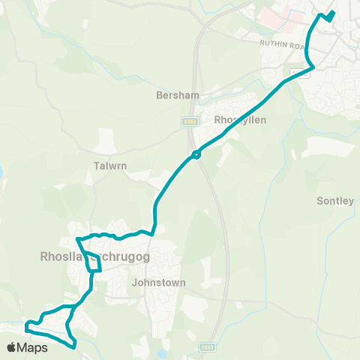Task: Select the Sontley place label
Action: (334, 201)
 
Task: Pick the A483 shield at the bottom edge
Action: (208, 347)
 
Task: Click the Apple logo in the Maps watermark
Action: (12, 347)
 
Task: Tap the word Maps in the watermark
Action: (34, 347)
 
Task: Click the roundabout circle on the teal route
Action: (196, 155)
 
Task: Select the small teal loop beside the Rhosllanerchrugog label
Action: (94, 262)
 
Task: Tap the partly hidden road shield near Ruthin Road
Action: (298, 72)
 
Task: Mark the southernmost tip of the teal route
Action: (74, 347)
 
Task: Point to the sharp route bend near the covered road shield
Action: (313, 67)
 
